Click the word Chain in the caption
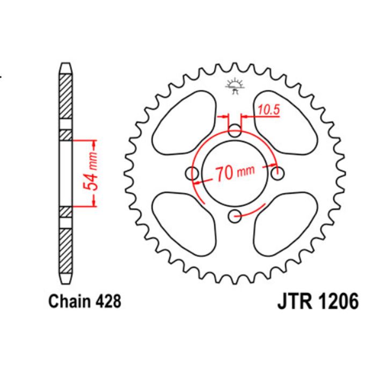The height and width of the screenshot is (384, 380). (x=68, y=301)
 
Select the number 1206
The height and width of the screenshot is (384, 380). (x=337, y=302)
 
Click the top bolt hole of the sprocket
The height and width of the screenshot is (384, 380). (x=235, y=131)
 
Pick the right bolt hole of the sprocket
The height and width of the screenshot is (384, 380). (x=277, y=174)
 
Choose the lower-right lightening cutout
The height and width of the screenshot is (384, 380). (x=284, y=225)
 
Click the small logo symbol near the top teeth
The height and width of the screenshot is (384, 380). (x=235, y=85)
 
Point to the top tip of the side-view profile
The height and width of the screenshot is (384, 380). (x=64, y=66)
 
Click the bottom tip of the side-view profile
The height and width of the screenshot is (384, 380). (x=64, y=281)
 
